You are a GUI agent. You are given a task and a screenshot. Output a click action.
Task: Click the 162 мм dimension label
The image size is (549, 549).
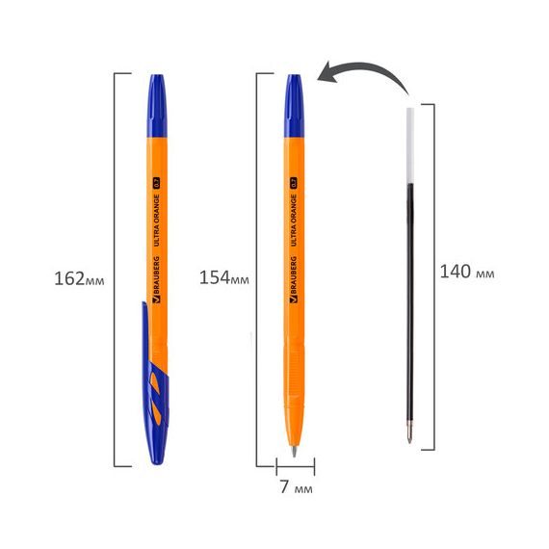pyautogui.click(x=79, y=279)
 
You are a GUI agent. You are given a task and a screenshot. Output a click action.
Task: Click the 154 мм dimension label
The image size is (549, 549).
pyautogui.click(x=224, y=277)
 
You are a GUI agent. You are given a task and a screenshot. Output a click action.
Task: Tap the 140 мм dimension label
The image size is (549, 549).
pyautogui.click(x=467, y=272)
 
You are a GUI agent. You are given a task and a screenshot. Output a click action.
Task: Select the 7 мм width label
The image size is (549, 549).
pyautogui.click(x=297, y=486)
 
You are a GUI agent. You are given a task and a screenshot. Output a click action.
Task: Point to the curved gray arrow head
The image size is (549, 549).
pyautogui.click(x=327, y=72)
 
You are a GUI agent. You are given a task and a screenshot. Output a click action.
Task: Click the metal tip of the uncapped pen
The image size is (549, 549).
pyautogui.click(x=294, y=451)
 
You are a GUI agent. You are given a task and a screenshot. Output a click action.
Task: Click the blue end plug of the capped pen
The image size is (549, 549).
pyautogui.click(x=157, y=106)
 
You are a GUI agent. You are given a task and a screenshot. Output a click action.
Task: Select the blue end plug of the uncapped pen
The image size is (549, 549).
pyautogui.click(x=294, y=106)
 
